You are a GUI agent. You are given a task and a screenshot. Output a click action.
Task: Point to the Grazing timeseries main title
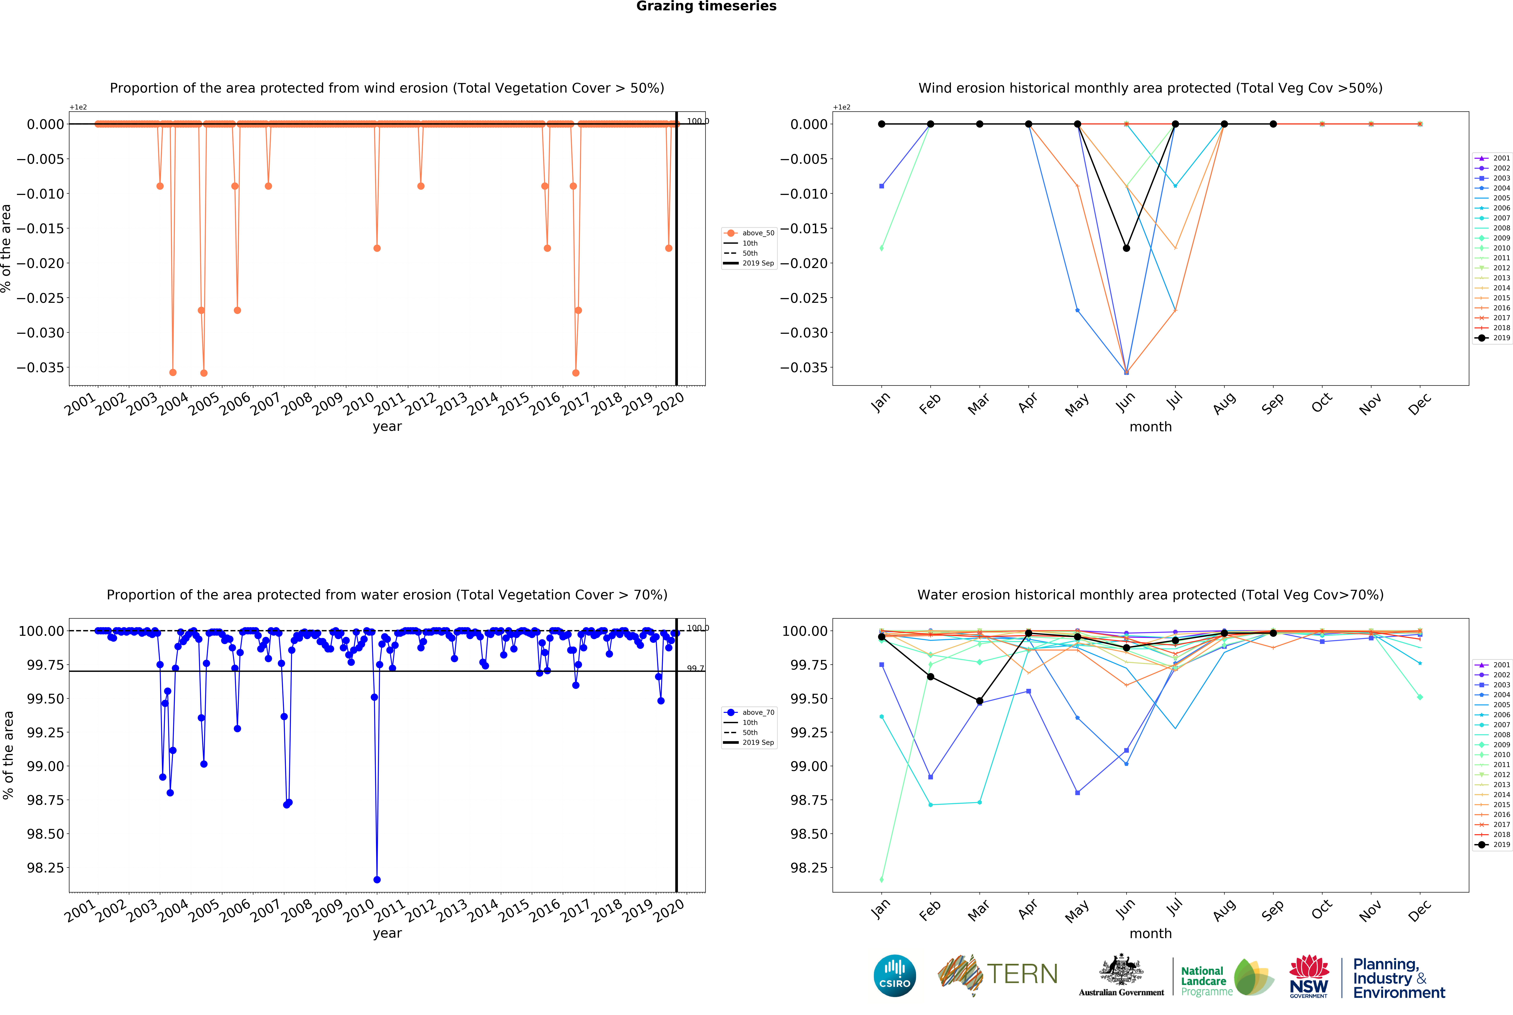[706, 7]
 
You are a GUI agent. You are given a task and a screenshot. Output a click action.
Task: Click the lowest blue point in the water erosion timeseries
[377, 880]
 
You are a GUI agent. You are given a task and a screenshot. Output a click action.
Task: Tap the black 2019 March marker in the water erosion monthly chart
[979, 701]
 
